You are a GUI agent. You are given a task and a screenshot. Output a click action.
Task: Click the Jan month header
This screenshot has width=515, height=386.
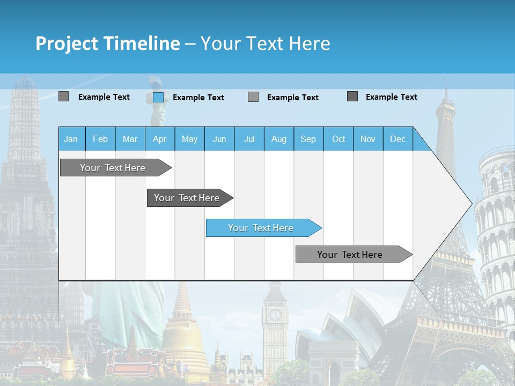coord(71,139)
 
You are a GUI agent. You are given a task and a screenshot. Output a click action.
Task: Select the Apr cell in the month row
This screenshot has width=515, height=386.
coord(160,139)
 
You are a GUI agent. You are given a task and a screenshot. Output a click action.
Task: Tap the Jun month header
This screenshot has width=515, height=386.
coord(219,139)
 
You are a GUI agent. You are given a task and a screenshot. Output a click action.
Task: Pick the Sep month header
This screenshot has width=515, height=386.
coord(308,139)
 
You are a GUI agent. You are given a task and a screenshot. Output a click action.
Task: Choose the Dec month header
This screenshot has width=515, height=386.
coord(398,139)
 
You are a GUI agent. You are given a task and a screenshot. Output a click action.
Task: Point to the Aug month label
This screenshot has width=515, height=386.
coord(279,139)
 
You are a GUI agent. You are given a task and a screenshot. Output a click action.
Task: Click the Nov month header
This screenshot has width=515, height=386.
coord(368,139)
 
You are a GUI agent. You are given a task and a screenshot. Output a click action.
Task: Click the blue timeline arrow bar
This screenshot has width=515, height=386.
coord(263,228)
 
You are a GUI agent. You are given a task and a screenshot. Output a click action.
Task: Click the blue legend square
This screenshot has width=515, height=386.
coord(158,97)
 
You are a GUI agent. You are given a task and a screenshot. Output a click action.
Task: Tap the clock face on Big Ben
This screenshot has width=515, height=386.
coord(275,315)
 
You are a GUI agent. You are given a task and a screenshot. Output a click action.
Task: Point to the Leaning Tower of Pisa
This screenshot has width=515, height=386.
coord(496,225)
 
